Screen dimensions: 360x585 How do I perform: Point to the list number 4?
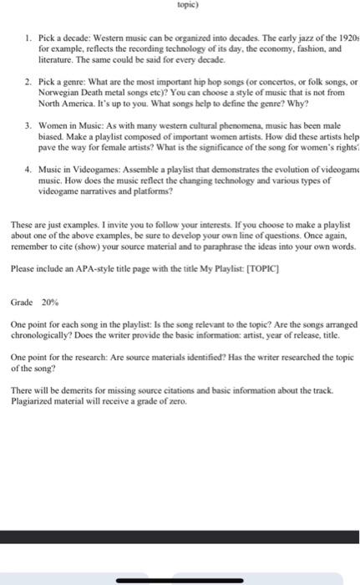click(28, 170)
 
